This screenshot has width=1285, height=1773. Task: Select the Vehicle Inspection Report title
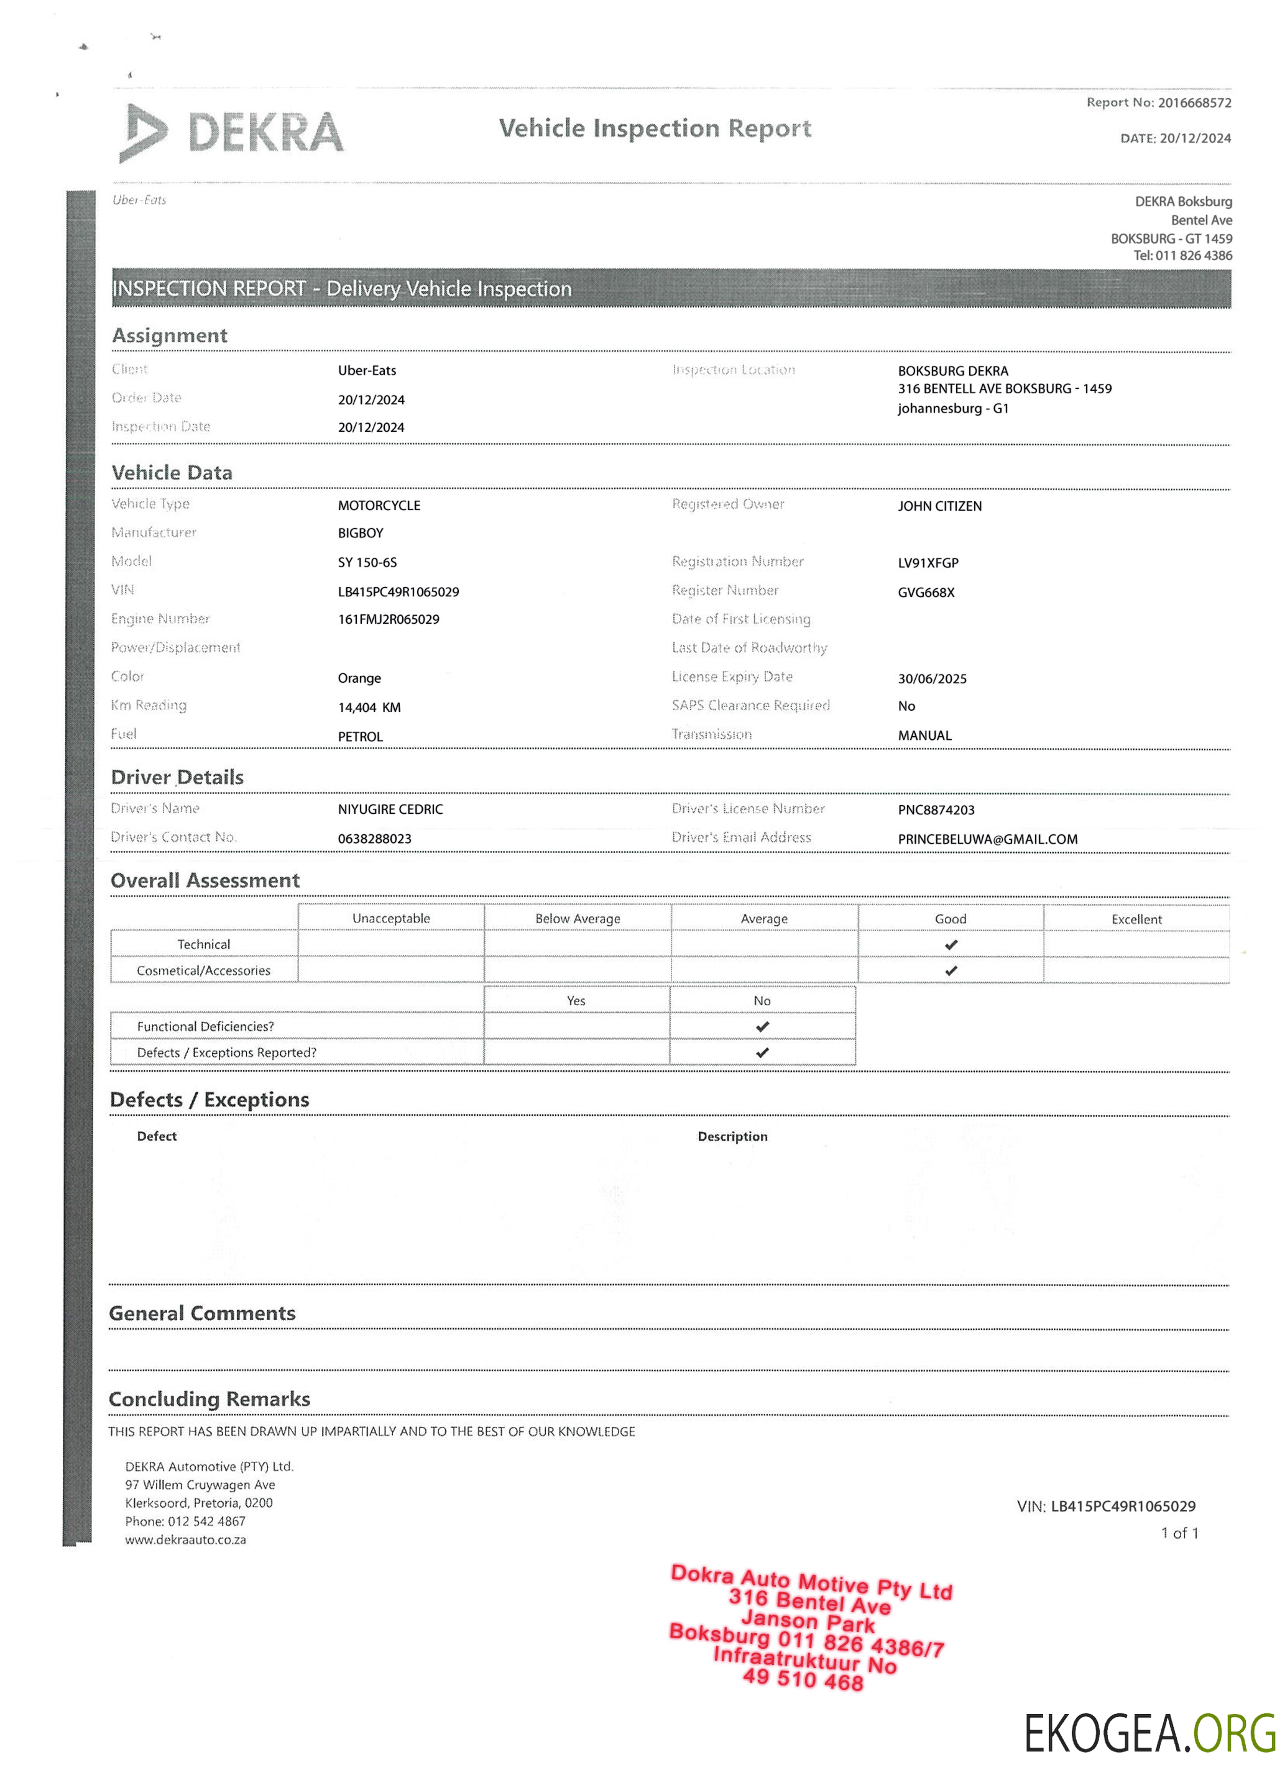655,128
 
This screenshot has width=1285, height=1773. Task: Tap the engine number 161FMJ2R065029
388,619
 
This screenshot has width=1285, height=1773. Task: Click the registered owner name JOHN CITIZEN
939,506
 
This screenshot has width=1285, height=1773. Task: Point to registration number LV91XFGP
928,563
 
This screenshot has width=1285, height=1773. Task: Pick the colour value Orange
359,678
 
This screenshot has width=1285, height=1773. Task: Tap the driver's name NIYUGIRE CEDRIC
390,809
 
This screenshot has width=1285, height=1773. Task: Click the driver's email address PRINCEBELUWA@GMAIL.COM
987,839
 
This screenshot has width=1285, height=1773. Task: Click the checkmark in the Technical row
951,944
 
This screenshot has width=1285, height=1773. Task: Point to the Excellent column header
1136,919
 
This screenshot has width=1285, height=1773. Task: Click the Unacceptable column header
390,919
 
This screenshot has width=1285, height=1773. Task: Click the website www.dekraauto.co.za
185,1539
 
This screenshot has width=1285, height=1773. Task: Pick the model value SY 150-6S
367,563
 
